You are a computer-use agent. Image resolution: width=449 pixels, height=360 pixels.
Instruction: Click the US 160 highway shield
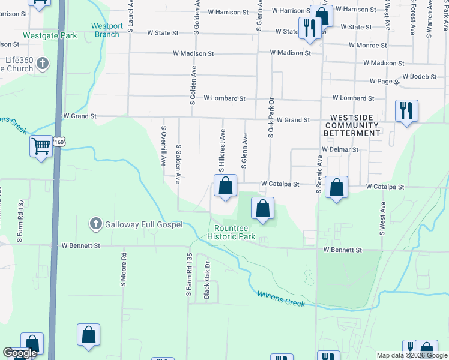point(59,142)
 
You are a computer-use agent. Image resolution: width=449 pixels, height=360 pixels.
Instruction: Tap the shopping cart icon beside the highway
point(41,146)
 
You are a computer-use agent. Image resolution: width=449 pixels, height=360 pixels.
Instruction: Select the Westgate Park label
point(50,35)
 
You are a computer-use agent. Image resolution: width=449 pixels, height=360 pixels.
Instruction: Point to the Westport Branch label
point(107,30)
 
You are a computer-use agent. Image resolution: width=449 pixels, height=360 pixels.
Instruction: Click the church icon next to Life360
point(42,63)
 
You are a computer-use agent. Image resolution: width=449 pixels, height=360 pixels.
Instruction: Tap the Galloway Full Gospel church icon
point(95,224)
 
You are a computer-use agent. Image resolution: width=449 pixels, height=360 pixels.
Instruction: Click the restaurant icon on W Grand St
point(406,110)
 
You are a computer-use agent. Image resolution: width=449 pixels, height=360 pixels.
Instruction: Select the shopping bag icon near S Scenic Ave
point(337,187)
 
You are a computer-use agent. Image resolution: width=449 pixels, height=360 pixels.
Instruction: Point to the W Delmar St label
point(340,149)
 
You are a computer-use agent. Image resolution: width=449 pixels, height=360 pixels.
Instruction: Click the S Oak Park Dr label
point(271,118)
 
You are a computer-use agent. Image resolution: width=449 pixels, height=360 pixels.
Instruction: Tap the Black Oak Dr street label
point(207,280)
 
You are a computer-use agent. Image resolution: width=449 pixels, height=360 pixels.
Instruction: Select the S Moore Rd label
point(124,264)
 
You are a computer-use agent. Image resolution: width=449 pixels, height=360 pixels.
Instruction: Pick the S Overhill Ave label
point(163,146)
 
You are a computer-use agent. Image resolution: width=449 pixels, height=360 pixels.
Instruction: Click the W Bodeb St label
point(420,76)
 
